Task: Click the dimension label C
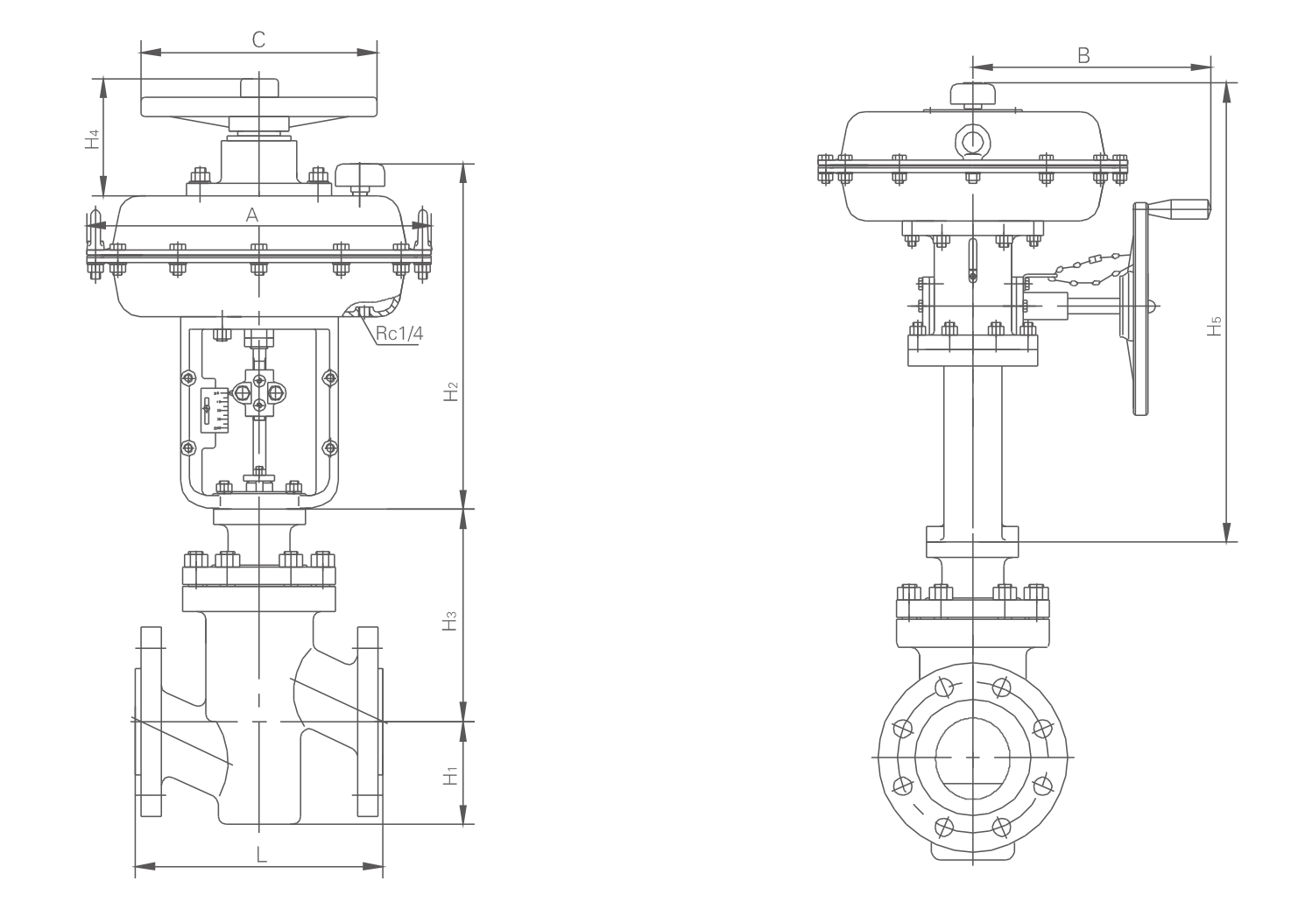pyautogui.click(x=258, y=39)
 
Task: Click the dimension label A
pyautogui.click(x=252, y=215)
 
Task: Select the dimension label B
pyautogui.click(x=1083, y=54)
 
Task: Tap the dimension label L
pyautogui.click(x=261, y=855)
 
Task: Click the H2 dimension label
pyautogui.click(x=450, y=391)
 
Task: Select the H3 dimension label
pyautogui.click(x=450, y=622)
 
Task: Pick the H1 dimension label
pyautogui.click(x=450, y=775)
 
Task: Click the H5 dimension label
pyautogui.click(x=1214, y=326)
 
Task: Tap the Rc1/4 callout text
pyautogui.click(x=399, y=334)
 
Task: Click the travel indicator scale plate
pyautogui.click(x=215, y=410)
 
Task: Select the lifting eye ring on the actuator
pyautogui.click(x=971, y=140)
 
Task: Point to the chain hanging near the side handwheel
pyautogui.click(x=1086, y=267)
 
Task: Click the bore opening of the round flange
pyautogui.click(x=973, y=755)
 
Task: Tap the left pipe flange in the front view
pyautogui.click(x=151, y=720)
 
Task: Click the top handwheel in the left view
pyautogui.click(x=258, y=105)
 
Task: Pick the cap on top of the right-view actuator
pyautogui.click(x=973, y=94)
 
